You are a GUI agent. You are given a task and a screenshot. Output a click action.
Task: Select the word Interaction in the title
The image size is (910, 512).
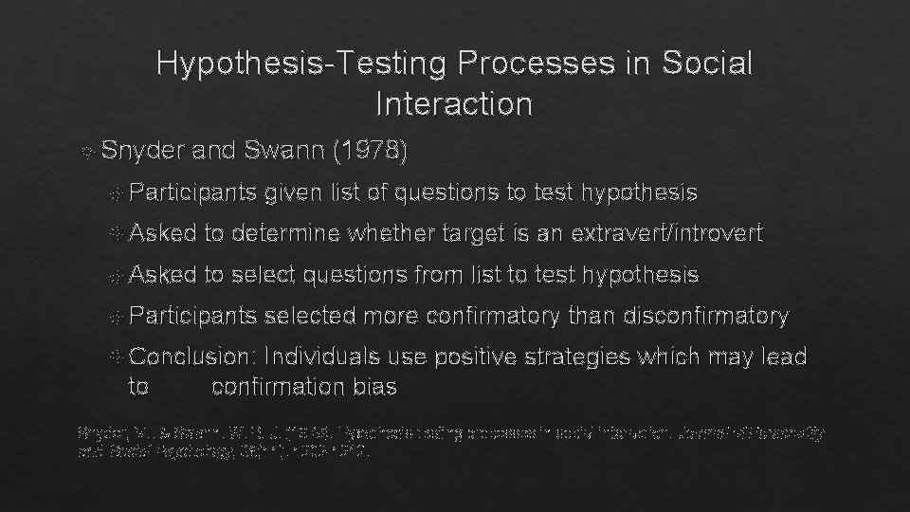[454, 103]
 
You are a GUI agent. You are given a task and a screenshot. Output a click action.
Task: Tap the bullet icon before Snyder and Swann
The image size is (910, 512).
[88, 152]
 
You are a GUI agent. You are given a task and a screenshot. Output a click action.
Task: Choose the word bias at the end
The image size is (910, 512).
[374, 387]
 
